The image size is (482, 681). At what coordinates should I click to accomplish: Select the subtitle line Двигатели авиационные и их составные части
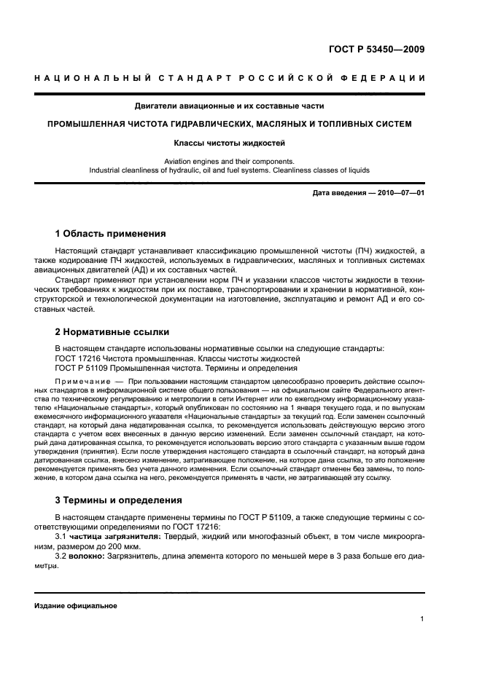coord(229,106)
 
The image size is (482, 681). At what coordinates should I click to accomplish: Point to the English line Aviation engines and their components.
coord(229,161)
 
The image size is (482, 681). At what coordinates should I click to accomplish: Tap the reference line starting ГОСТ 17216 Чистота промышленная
coord(177,358)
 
